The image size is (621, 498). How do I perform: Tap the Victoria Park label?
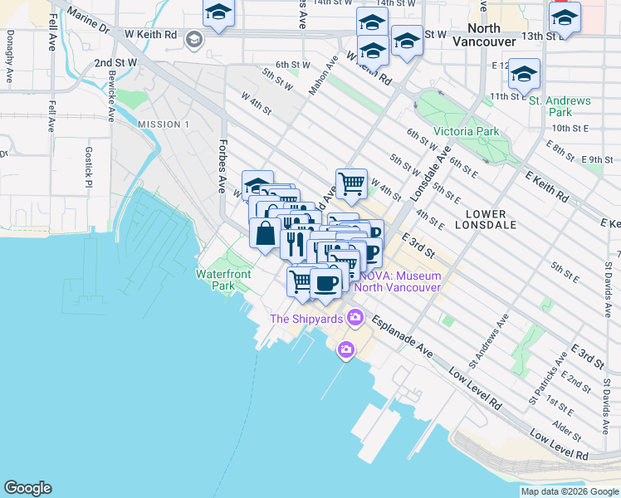[466, 131]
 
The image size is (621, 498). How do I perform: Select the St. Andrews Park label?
[560, 106]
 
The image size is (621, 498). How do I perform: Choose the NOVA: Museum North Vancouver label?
[395, 281]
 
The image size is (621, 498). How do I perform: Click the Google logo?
[27, 488]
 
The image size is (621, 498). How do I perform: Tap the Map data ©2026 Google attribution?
[569, 491]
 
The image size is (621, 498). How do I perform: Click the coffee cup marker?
[325, 282]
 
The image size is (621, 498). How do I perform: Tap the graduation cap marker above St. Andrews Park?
[524, 74]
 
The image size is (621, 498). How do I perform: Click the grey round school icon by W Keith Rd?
[193, 38]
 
